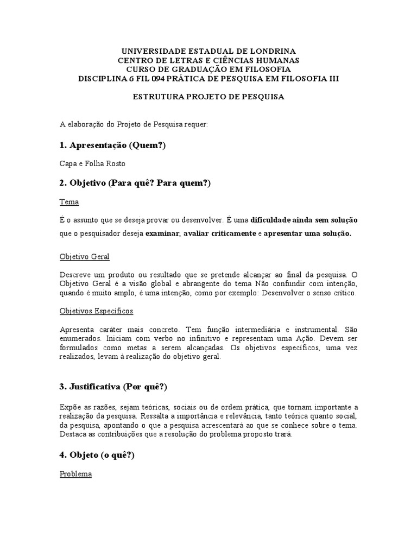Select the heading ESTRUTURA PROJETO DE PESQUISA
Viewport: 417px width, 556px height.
(208, 97)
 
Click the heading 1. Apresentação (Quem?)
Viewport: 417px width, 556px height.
(112, 145)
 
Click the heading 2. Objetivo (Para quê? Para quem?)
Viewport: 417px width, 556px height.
(135, 184)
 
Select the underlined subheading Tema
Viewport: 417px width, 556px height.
(69, 202)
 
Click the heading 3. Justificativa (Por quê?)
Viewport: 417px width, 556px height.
(113, 387)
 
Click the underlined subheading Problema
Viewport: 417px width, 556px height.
(75, 474)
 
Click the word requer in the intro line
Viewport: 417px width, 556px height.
(196, 124)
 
